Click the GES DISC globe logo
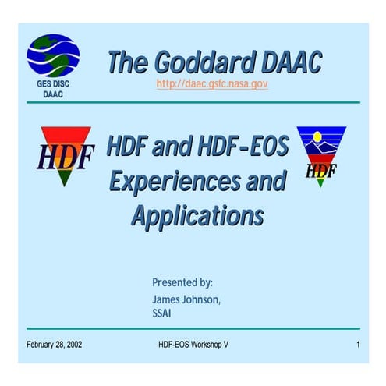coord(52,55)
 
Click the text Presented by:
coord(182,282)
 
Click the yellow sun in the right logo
coord(317,137)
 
